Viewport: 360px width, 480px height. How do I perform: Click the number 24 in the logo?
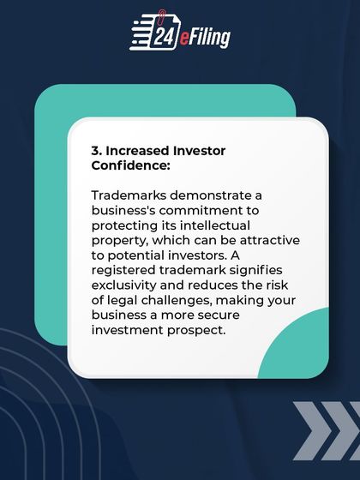tap(165, 36)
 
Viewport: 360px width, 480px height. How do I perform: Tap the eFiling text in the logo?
tap(206, 37)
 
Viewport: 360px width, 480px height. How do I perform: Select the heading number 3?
tap(96, 150)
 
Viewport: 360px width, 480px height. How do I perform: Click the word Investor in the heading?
tap(201, 150)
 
